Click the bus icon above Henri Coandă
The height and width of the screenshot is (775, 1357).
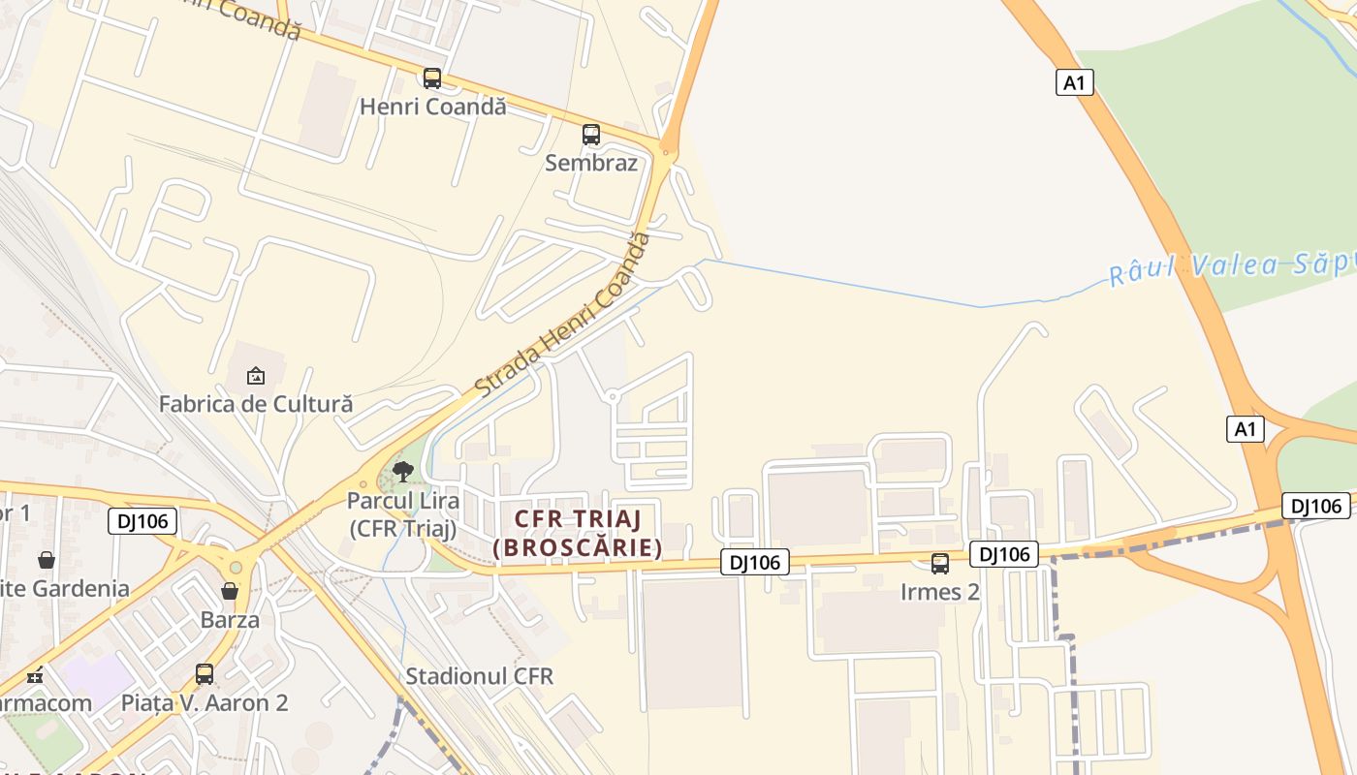point(432,78)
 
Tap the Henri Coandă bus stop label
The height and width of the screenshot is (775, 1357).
point(433,107)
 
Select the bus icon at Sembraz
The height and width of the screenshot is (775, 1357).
point(591,135)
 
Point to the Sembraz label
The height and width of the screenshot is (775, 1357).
point(591,163)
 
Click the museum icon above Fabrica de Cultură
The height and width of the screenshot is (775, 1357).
point(256,375)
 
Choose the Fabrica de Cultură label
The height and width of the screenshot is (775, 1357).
point(256,403)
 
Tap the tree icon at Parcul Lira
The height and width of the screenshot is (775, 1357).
point(403,472)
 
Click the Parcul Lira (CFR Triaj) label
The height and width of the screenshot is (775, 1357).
point(402,515)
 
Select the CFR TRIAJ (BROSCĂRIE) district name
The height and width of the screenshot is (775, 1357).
point(578,534)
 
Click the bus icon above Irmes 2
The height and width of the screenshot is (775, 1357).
point(940,564)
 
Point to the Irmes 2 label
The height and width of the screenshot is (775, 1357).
point(940,592)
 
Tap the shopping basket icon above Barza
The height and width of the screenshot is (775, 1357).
point(230,591)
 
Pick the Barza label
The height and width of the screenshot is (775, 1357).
point(230,619)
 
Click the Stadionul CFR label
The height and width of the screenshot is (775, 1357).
point(480,676)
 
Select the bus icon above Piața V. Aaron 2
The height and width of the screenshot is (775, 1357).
point(205,673)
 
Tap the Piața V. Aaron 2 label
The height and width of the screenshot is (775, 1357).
point(205,702)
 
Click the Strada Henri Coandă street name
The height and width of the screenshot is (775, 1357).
point(562,315)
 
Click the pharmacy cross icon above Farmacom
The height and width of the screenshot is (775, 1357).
point(36,675)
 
